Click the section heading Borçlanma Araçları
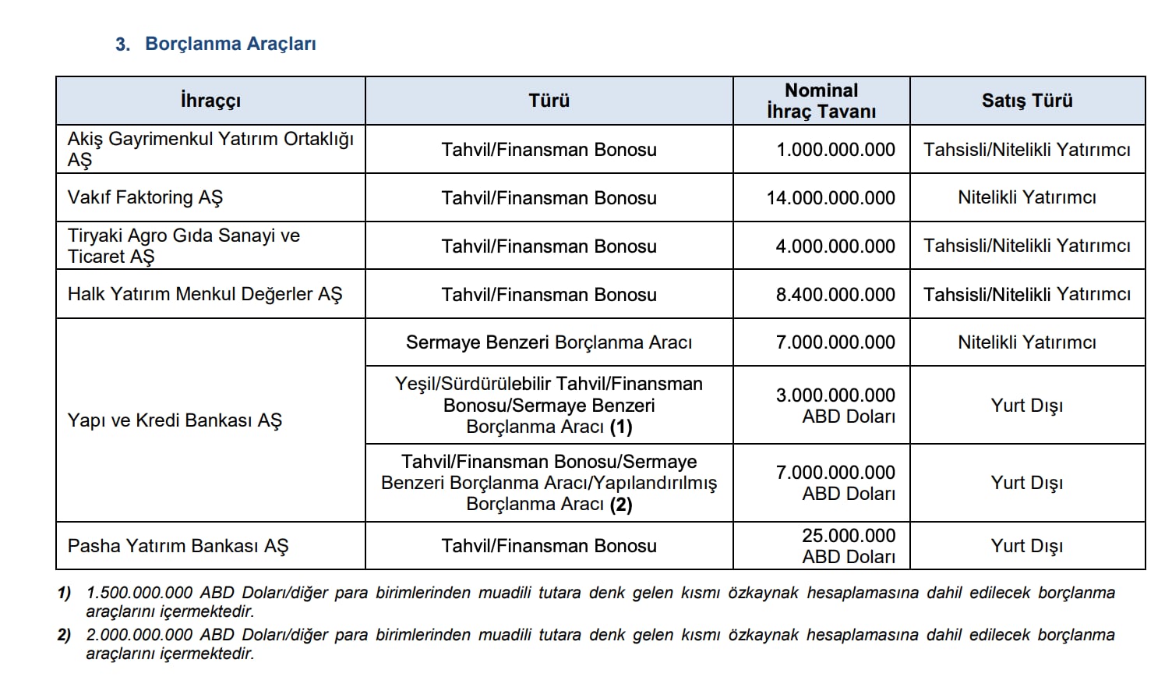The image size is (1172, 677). [x=230, y=44]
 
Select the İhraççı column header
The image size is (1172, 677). [x=210, y=101]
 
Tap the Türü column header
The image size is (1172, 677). [x=549, y=101]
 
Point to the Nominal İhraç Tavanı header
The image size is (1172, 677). [x=821, y=101]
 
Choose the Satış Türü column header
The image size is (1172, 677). [x=1027, y=101]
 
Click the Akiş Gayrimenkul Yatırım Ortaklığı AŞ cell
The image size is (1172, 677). [x=210, y=149]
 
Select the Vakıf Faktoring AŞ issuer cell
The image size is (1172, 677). [x=146, y=197]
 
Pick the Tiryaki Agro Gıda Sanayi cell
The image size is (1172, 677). [x=184, y=246]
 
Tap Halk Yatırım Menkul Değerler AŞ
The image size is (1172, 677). [x=205, y=294]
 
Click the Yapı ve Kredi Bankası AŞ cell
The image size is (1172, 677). [x=175, y=420]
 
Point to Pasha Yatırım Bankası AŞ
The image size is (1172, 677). [x=178, y=546]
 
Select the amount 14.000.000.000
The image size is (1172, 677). [x=831, y=198]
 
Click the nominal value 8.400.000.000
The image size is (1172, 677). [x=835, y=295]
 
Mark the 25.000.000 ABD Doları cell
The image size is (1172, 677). [x=848, y=546]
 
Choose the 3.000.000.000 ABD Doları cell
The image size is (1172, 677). [x=835, y=406]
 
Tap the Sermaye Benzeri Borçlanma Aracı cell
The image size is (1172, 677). [x=549, y=342]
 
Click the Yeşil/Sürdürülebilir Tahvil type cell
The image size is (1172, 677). [x=549, y=406]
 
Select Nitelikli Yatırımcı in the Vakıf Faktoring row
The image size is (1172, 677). [x=1027, y=198]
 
